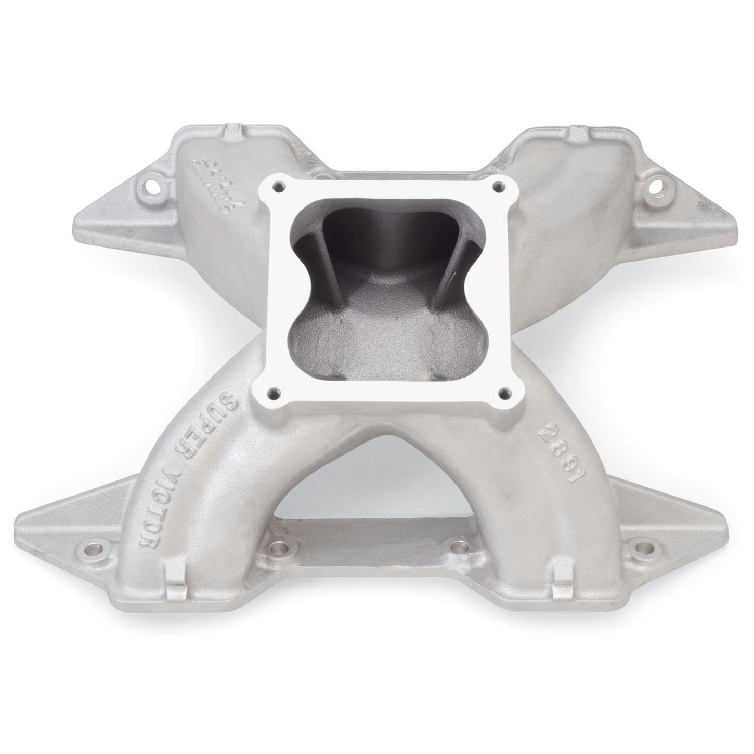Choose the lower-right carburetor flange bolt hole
click(503, 392)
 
